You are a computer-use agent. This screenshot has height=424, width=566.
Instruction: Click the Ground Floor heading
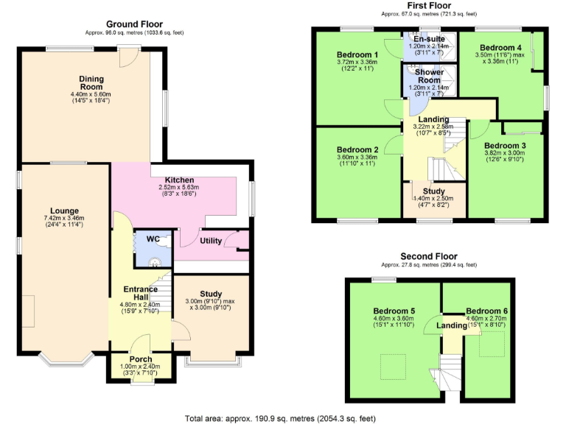point(133,24)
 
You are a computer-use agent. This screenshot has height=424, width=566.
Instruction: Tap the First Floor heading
point(429,6)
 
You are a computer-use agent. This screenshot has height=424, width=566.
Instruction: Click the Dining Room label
point(91,79)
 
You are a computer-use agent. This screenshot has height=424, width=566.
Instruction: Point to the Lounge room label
point(64,211)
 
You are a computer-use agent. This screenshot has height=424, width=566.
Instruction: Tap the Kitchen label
point(179,180)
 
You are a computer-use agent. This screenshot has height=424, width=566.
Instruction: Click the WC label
point(153,239)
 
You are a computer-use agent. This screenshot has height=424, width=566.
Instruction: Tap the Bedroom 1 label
point(357,54)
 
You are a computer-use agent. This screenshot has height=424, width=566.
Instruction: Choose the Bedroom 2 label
point(357,149)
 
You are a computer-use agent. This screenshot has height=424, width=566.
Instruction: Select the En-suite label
point(428,38)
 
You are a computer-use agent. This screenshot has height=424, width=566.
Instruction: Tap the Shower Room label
point(428,76)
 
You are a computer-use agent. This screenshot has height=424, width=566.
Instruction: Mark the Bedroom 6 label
point(487,310)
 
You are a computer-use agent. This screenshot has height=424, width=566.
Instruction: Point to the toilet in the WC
point(155,260)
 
